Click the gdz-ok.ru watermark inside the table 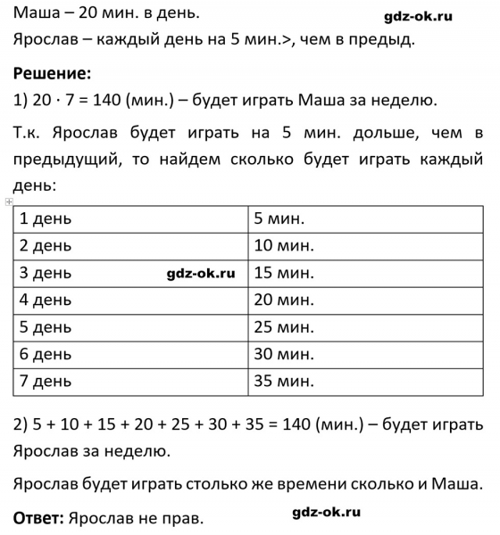tap(201, 273)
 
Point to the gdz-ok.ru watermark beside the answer tap(326, 512)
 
